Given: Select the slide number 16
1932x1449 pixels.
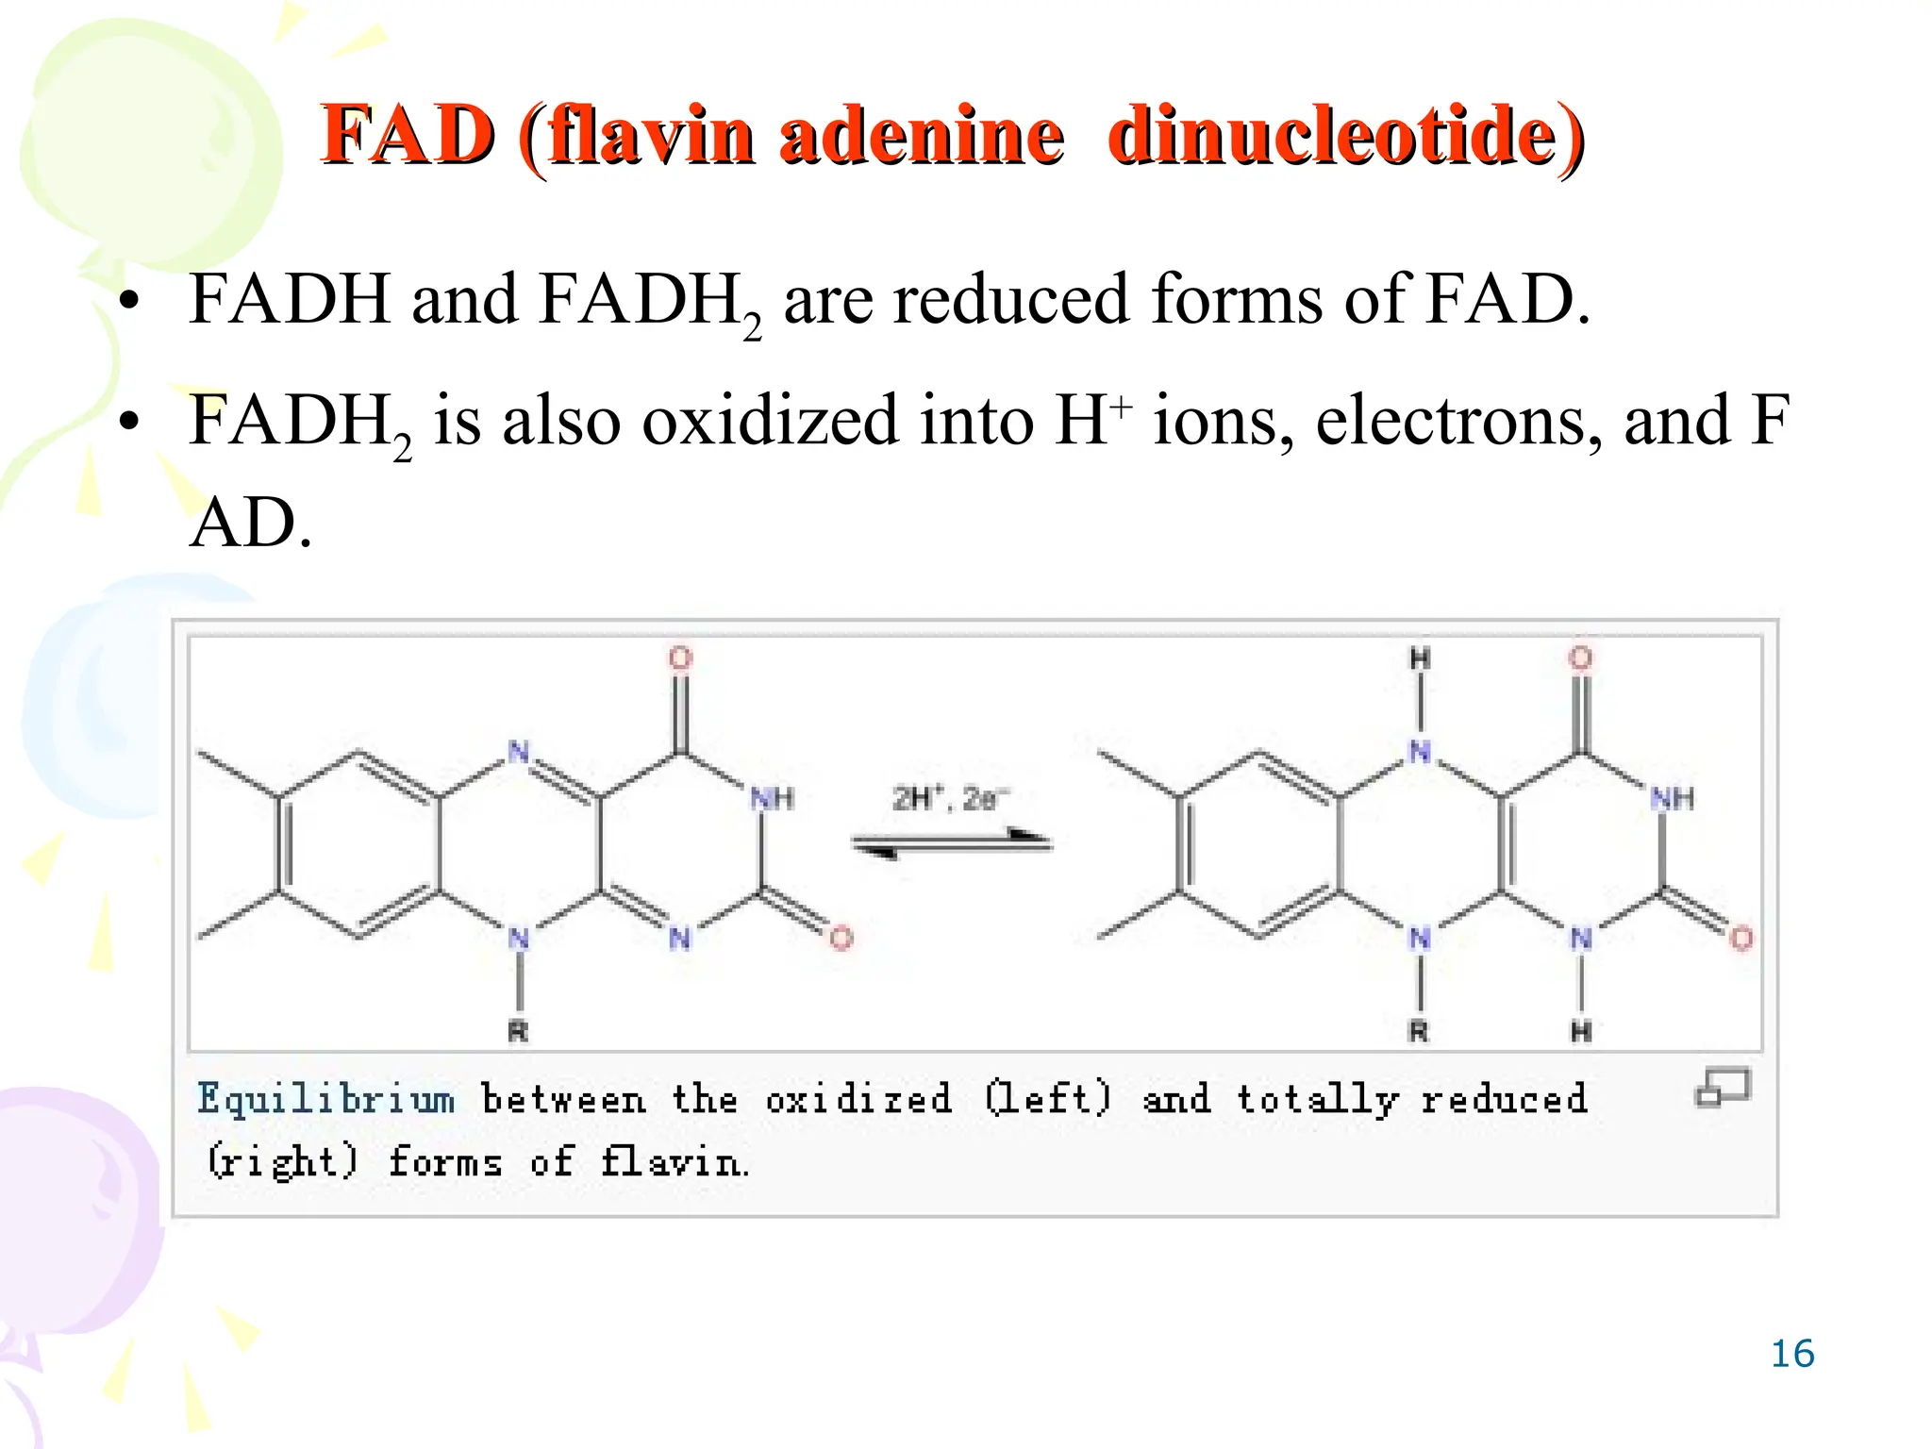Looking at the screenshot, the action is pyautogui.click(x=1792, y=1354).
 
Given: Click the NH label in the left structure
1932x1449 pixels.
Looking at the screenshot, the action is pyautogui.click(x=773, y=799).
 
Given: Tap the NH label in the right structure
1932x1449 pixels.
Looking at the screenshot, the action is pyautogui.click(x=1673, y=799).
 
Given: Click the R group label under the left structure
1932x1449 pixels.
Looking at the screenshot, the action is pyautogui.click(x=518, y=1031).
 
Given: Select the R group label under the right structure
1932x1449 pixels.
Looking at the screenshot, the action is pyautogui.click(x=1419, y=1031).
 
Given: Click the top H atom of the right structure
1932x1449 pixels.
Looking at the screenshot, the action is pyautogui.click(x=1420, y=658).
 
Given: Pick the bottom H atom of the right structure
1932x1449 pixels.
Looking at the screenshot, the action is pyautogui.click(x=1581, y=1031).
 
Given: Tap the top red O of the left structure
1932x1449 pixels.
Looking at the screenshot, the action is pyautogui.click(x=680, y=658).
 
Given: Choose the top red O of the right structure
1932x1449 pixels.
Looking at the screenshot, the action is pyautogui.click(x=1581, y=658).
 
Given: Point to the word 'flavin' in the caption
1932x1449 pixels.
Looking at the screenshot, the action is pyautogui.click(x=674, y=1161).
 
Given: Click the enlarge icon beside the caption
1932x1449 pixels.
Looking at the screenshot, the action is pyautogui.click(x=1723, y=1087).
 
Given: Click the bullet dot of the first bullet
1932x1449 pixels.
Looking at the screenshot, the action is pyautogui.click(x=129, y=303).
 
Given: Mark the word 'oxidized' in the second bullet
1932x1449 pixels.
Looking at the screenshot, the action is pyautogui.click(x=770, y=421).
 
